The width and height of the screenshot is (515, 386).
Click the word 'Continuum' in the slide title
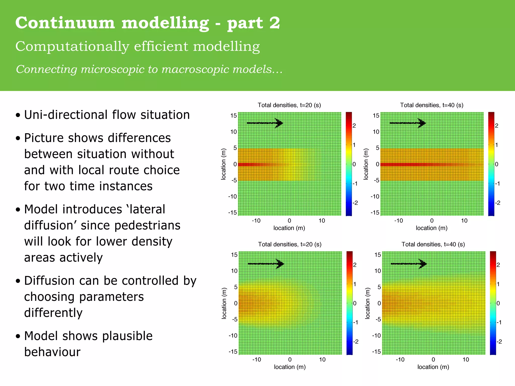65,23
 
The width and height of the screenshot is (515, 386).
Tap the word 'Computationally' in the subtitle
72,47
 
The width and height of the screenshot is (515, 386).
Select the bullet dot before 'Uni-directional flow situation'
18,115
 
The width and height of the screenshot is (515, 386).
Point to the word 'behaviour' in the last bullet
52,352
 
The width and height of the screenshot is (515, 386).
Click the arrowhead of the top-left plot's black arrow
279,123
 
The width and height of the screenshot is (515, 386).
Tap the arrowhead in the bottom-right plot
423,264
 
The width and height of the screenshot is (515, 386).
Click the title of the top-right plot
432,105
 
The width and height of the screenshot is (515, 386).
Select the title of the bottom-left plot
290,244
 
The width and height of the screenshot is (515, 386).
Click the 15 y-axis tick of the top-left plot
234,116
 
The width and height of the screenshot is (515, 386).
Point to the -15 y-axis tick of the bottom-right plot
376,352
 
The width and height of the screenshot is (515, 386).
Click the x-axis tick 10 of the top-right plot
464,221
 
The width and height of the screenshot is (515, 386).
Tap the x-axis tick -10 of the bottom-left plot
256,360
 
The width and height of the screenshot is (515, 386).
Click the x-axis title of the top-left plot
289,228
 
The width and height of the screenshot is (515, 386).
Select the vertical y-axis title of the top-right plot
366,164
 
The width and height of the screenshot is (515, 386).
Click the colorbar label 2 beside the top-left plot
354,126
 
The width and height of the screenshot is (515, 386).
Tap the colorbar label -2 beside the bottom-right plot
499,342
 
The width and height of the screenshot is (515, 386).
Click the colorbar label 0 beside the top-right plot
497,164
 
